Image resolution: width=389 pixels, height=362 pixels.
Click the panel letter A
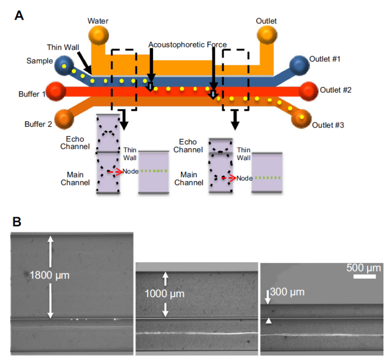tap(19, 15)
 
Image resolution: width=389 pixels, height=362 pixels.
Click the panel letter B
tap(18, 221)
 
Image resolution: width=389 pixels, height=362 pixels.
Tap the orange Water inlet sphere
tap(99, 36)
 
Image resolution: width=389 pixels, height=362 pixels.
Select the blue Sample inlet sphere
tap(64, 65)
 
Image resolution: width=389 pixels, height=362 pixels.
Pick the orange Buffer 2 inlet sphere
tap(64, 118)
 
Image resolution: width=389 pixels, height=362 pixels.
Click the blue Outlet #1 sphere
tap(299, 65)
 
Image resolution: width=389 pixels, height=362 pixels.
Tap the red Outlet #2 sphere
tap(308, 91)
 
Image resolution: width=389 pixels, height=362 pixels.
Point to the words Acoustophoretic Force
tap(187, 44)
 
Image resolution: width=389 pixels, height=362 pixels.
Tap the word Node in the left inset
tap(131, 172)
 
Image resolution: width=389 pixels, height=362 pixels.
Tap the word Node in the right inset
tap(245, 178)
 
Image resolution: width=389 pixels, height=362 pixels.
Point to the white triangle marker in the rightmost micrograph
tap(269, 321)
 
